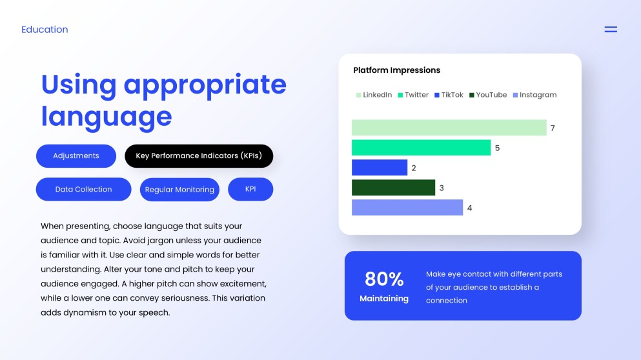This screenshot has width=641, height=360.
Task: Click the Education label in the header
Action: point(45,30)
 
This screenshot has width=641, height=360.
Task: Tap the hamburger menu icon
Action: point(610,30)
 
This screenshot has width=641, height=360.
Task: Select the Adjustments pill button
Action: point(76,156)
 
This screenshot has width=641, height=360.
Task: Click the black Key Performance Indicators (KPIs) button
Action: point(199,156)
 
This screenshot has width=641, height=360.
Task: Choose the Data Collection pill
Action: point(83,190)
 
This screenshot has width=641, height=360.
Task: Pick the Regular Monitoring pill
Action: point(179,190)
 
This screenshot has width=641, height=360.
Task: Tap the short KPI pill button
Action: point(250,189)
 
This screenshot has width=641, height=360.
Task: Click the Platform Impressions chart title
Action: point(396,70)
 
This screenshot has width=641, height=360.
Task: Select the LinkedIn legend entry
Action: point(374,95)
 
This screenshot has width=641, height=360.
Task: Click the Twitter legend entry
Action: point(413,95)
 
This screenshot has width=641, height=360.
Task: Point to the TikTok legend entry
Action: point(449,95)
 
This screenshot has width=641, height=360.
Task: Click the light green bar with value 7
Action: point(449,128)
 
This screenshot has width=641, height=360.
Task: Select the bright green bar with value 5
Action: point(421,148)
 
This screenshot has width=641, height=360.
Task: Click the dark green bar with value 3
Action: point(393,188)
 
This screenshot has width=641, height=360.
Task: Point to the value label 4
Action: point(470,208)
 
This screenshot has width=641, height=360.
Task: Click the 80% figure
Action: point(384,279)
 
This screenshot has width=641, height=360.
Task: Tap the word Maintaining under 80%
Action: point(384,299)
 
